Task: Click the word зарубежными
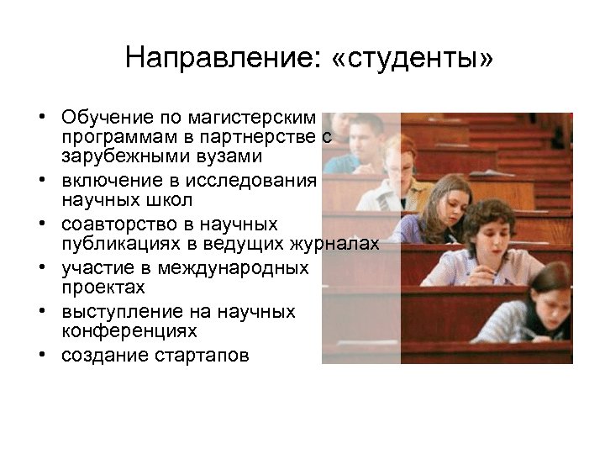(x=121, y=156)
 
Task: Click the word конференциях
(x=129, y=332)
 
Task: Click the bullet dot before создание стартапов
(x=40, y=356)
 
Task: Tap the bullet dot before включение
(x=40, y=181)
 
